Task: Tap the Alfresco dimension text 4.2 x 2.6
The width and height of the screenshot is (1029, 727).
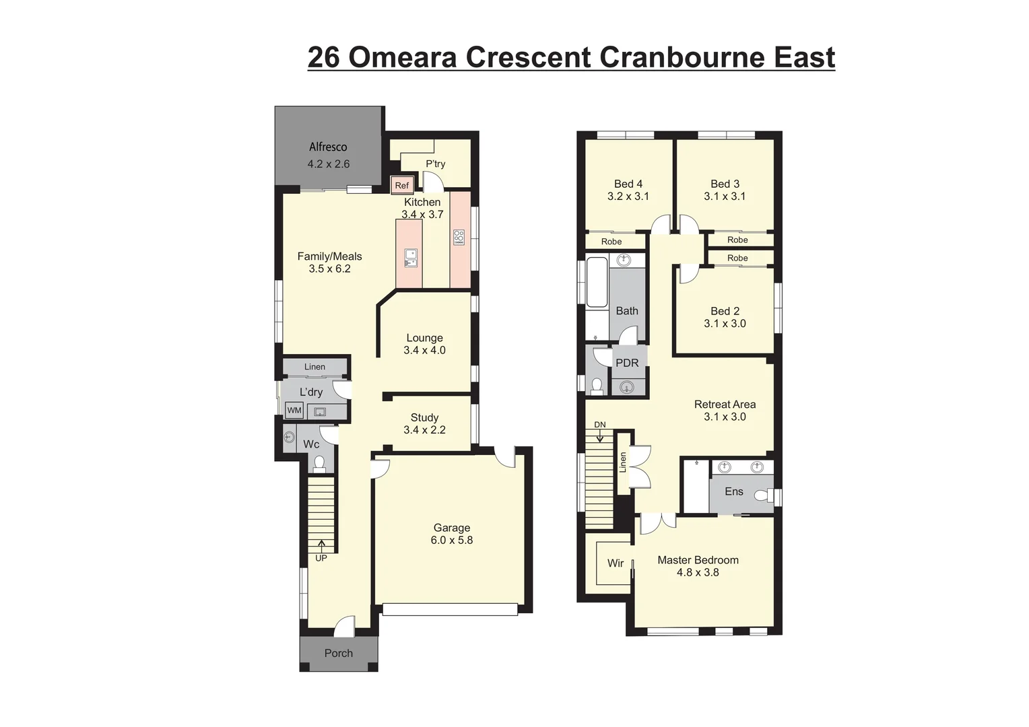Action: pyautogui.click(x=329, y=164)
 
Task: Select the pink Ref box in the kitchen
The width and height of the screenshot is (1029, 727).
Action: pyautogui.click(x=402, y=185)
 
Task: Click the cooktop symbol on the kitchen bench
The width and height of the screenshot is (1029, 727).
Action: pyautogui.click(x=459, y=237)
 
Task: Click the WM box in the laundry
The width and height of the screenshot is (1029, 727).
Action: pyautogui.click(x=294, y=410)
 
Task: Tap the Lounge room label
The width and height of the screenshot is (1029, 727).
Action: pyautogui.click(x=424, y=338)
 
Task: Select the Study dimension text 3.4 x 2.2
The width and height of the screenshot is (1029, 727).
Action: pyautogui.click(x=424, y=430)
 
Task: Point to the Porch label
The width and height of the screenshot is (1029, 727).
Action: pyautogui.click(x=338, y=653)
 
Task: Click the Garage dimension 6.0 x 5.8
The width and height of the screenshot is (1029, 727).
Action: pyautogui.click(x=451, y=540)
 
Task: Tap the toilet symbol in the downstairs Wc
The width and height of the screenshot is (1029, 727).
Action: pyautogui.click(x=319, y=463)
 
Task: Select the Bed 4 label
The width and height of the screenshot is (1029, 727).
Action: pyautogui.click(x=628, y=184)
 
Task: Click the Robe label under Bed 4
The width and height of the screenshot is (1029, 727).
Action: pyautogui.click(x=611, y=242)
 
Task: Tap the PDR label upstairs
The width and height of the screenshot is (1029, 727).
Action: pyautogui.click(x=627, y=363)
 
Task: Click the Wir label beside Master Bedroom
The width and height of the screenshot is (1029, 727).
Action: pyautogui.click(x=615, y=563)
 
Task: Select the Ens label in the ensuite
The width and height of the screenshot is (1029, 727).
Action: pyautogui.click(x=733, y=491)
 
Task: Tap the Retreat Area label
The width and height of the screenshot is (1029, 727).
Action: pyautogui.click(x=725, y=405)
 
